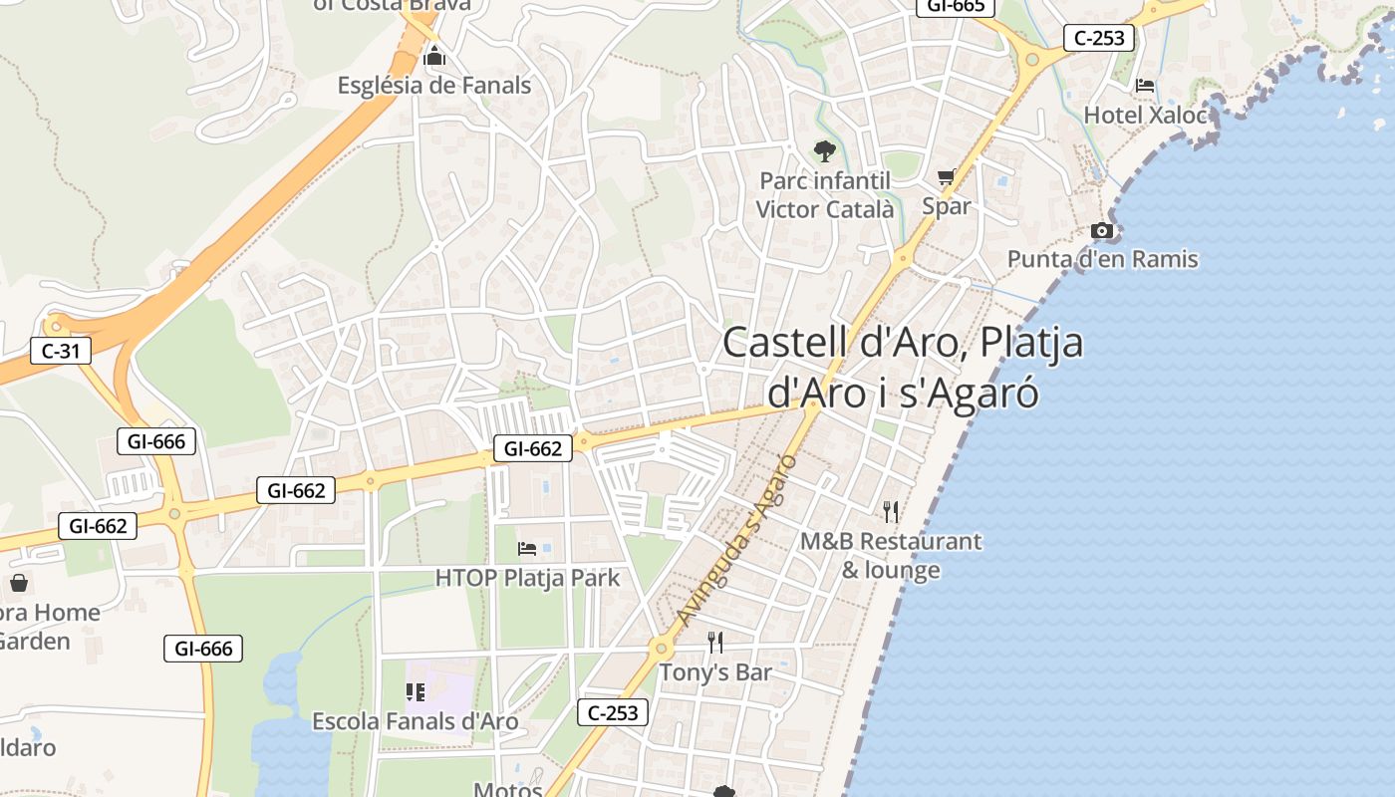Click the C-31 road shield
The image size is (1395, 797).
pos(61,351)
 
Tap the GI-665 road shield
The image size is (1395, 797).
pos(956,6)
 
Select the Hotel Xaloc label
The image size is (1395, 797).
pos(1145,115)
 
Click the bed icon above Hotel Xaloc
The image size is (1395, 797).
pos(1145,86)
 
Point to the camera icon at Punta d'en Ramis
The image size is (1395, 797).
pos(1101,230)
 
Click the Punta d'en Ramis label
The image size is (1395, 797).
pos(1102,259)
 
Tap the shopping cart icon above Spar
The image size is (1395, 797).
pos(946,177)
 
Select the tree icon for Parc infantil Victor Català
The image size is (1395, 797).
pos(824,151)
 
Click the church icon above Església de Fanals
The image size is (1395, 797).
pos(433,57)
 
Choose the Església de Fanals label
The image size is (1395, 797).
pos(434,86)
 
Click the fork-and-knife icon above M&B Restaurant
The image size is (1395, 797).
pos(891,512)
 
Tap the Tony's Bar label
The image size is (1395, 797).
pos(715,672)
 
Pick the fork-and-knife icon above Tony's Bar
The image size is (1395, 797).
pos(714,643)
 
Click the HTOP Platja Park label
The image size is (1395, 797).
pos(527,578)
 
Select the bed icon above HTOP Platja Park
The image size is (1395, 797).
pos(527,548)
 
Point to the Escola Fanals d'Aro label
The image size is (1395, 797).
pos(416,721)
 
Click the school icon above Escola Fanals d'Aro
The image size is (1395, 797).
pos(416,691)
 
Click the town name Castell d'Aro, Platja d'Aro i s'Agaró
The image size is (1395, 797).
pos(903,367)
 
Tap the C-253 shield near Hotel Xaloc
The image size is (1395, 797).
pos(1100,38)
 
